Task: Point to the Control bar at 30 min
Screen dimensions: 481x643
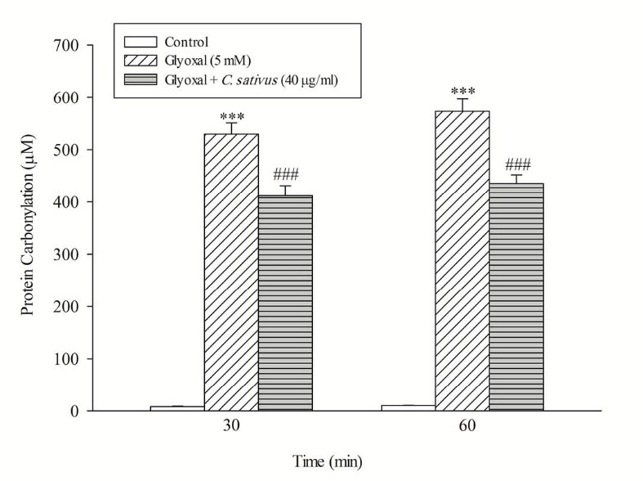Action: coord(177,407)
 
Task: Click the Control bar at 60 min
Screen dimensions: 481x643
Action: coord(409,407)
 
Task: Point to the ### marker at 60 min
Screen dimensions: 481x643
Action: coord(516,164)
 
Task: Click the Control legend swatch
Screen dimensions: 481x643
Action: coord(139,42)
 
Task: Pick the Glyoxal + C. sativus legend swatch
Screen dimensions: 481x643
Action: coord(139,79)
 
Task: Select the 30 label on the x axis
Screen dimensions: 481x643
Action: coord(231,428)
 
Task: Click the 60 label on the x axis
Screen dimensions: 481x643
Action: coord(462,428)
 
